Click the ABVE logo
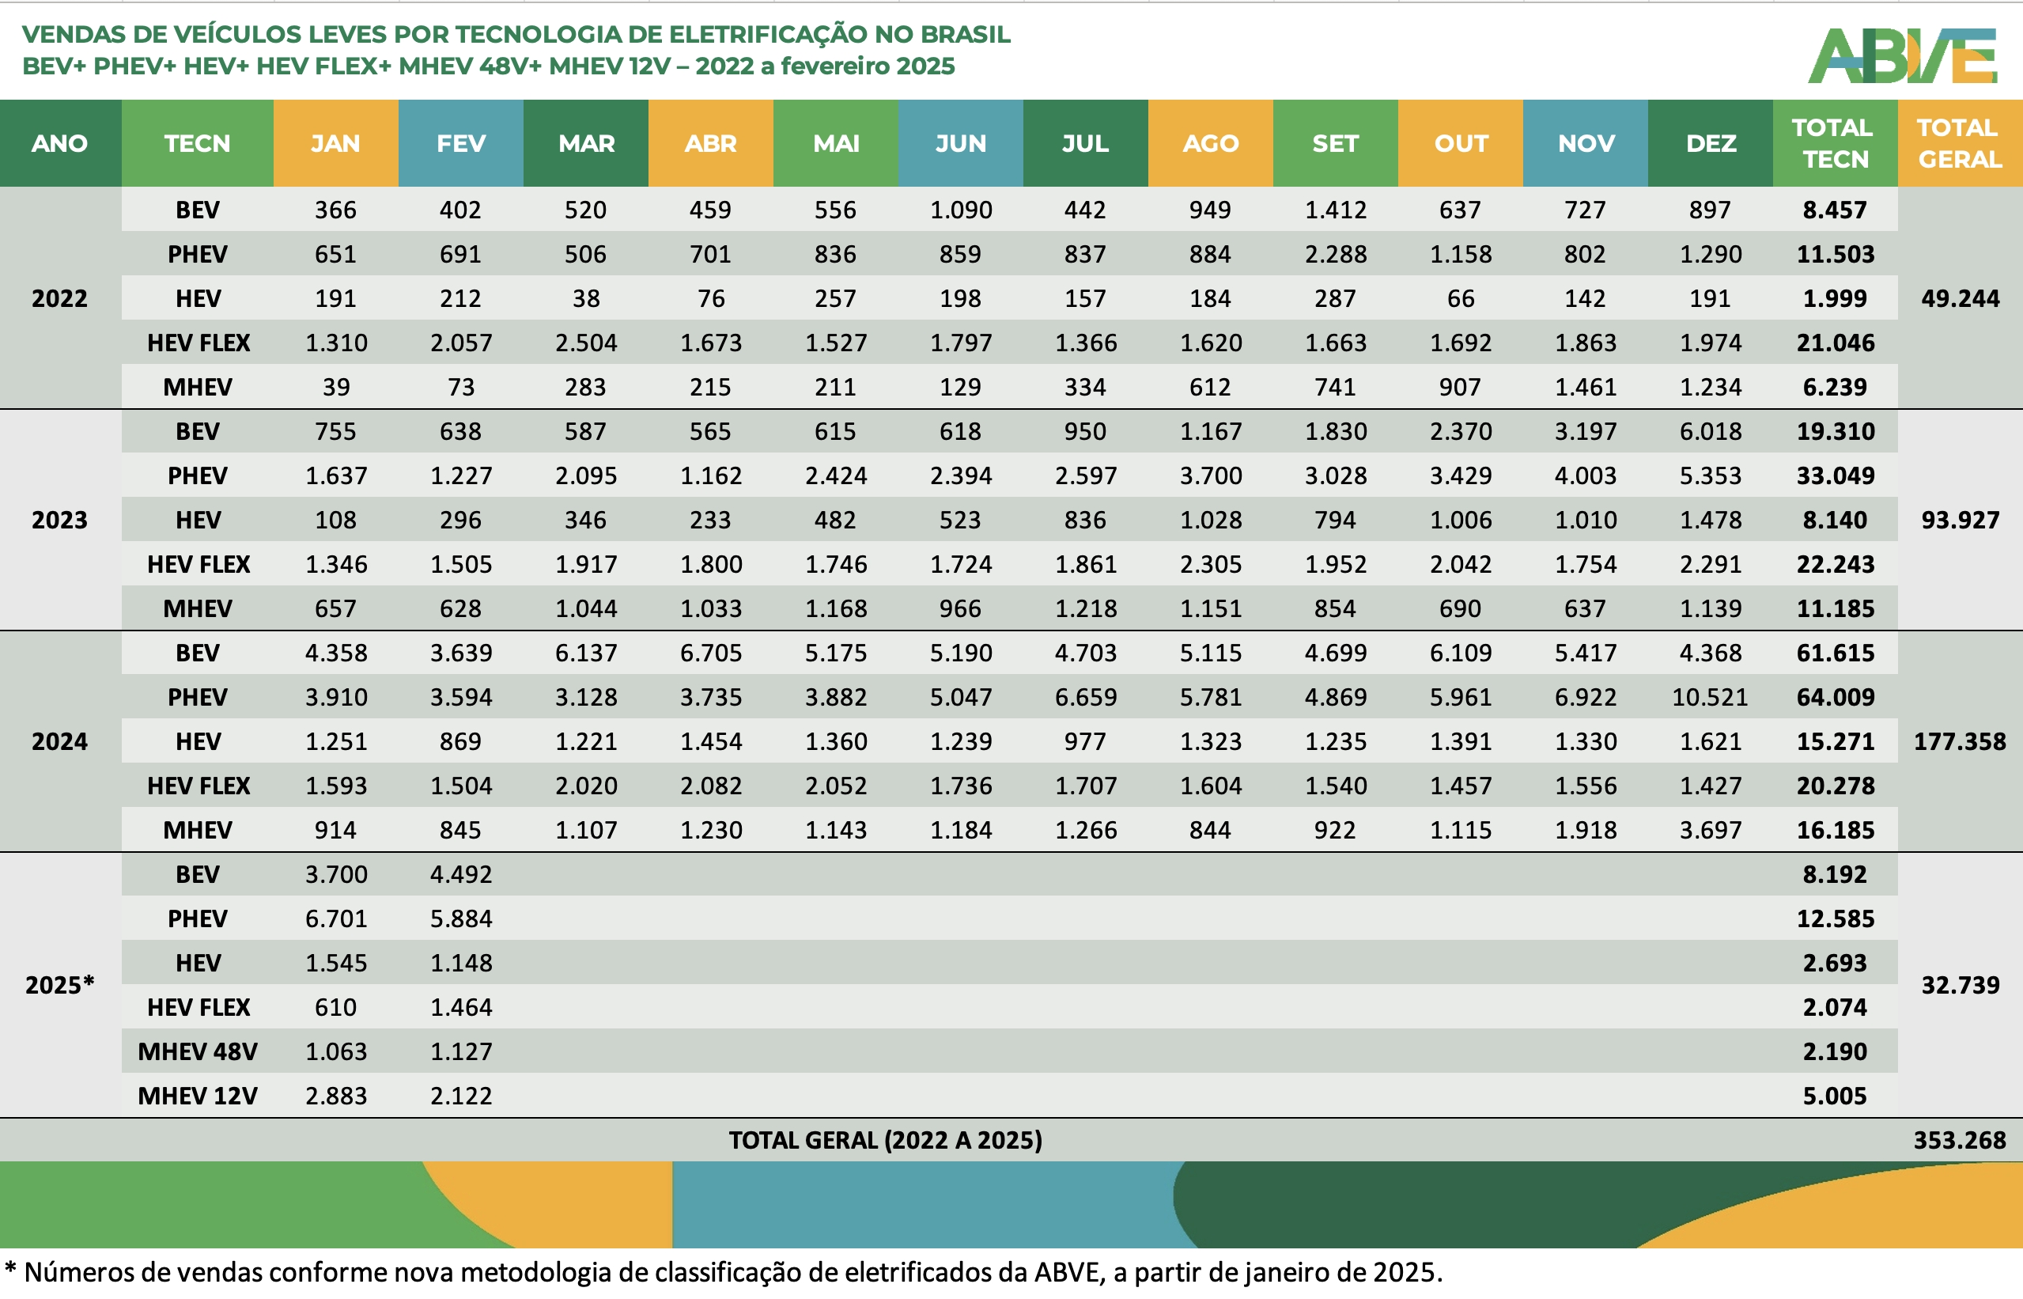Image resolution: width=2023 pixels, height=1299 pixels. click(1903, 55)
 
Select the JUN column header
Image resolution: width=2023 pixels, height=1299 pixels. click(960, 143)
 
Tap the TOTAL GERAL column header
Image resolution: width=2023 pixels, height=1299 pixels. click(1959, 143)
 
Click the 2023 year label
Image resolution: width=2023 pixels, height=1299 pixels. click(59, 520)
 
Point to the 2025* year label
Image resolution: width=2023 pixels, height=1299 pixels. click(59, 984)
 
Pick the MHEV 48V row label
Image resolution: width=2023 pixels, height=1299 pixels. click(198, 1051)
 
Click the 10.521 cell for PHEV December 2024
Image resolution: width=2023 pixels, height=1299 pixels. click(1709, 697)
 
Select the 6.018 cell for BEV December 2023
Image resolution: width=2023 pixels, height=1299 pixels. click(1709, 431)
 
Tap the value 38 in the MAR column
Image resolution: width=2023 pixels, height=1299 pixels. click(585, 298)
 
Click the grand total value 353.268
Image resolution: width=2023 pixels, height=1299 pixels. click(1959, 1139)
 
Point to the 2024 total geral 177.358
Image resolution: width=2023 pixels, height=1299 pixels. click(1959, 741)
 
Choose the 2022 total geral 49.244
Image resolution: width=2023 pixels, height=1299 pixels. click(1959, 298)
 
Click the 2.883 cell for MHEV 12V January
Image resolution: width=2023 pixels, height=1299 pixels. click(335, 1096)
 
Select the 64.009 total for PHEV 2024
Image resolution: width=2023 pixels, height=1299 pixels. click(1835, 697)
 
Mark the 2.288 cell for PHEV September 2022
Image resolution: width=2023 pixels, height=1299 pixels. click(1335, 254)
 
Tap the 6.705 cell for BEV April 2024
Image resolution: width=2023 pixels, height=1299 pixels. click(710, 653)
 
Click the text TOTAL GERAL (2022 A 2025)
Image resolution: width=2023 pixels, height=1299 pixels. click(886, 1139)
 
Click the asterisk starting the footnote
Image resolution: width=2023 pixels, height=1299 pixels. click(10, 1268)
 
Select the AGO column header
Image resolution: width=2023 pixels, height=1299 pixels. click(1210, 143)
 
